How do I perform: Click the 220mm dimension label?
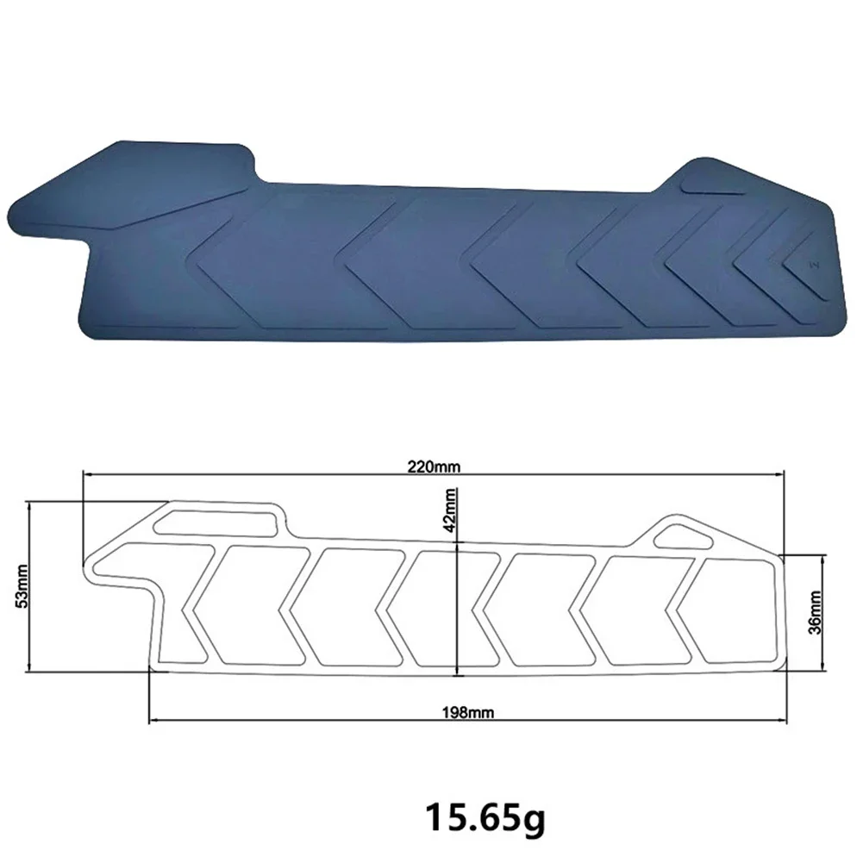pyautogui.click(x=434, y=467)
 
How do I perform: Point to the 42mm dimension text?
pyautogui.click(x=450, y=510)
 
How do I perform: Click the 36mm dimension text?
pyautogui.click(x=816, y=613)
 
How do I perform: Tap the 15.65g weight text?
pyautogui.click(x=485, y=817)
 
